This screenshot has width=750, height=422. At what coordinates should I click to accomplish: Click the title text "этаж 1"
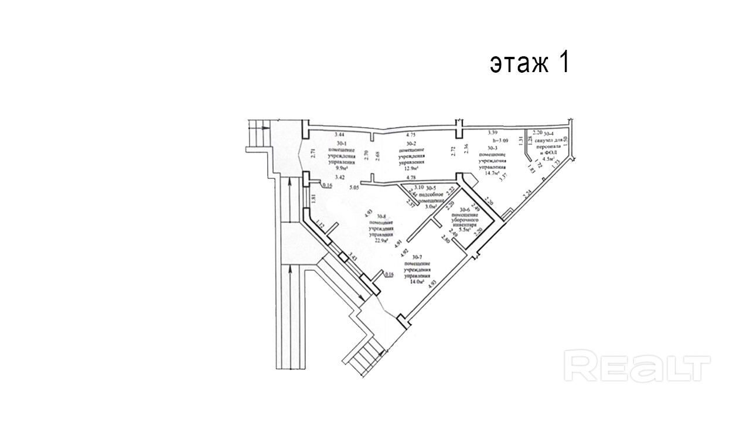(x=529, y=63)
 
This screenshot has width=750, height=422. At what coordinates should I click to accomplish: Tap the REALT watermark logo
(x=637, y=367)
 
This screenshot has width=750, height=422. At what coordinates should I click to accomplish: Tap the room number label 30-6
(x=465, y=209)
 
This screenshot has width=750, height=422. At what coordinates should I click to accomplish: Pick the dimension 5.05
(x=353, y=188)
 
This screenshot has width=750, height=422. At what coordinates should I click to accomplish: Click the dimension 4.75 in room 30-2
(x=410, y=134)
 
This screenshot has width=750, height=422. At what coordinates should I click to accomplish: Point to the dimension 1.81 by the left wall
(x=313, y=199)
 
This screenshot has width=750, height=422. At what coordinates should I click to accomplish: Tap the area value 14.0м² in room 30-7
(x=417, y=281)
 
